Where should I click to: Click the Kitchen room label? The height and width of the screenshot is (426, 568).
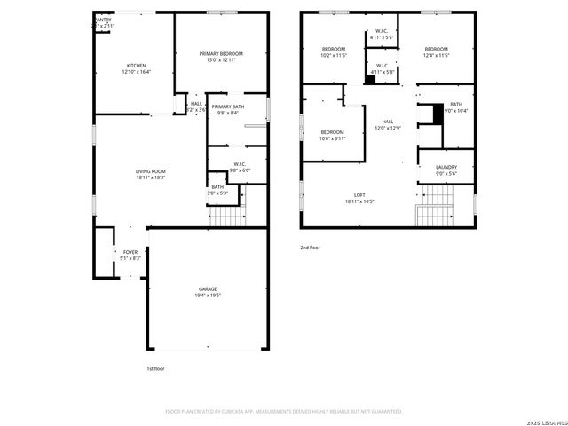(x=136, y=68)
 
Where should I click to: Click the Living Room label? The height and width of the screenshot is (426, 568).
(x=151, y=174)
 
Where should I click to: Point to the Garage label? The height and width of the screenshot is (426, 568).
(x=208, y=292)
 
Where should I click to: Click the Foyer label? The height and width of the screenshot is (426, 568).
(x=130, y=256)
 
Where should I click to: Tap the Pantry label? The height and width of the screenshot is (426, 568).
(x=104, y=22)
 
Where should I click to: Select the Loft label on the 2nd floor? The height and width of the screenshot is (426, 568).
(x=359, y=198)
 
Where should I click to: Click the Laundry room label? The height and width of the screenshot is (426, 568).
(x=446, y=170)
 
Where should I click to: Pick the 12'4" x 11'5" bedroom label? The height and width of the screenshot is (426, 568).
(x=436, y=52)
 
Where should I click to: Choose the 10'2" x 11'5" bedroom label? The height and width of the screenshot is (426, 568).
(x=333, y=52)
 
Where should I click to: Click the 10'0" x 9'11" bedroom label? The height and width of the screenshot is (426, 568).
(x=333, y=135)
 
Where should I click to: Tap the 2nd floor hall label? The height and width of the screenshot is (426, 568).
(x=388, y=124)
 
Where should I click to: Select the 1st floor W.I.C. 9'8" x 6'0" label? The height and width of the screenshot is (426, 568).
(x=240, y=166)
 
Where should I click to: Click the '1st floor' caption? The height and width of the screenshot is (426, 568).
(x=155, y=368)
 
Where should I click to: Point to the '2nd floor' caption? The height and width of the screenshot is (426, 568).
(x=310, y=249)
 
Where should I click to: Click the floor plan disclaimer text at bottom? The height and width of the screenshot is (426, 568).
(x=284, y=412)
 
